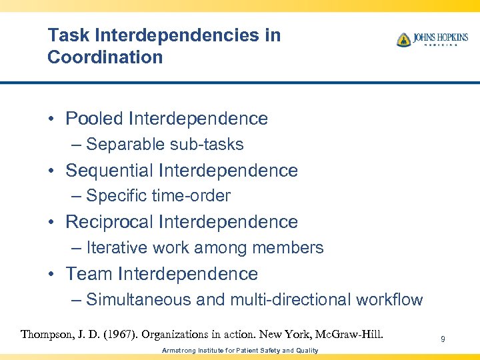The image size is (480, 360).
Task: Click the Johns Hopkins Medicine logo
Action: coord(432,39)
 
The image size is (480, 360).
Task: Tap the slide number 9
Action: coord(443,340)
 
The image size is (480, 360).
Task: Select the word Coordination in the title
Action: coord(105,57)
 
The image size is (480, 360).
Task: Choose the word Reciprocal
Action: coord(109,222)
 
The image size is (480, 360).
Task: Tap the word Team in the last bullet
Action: coord(89,274)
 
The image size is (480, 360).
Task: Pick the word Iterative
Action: coord(117,248)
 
